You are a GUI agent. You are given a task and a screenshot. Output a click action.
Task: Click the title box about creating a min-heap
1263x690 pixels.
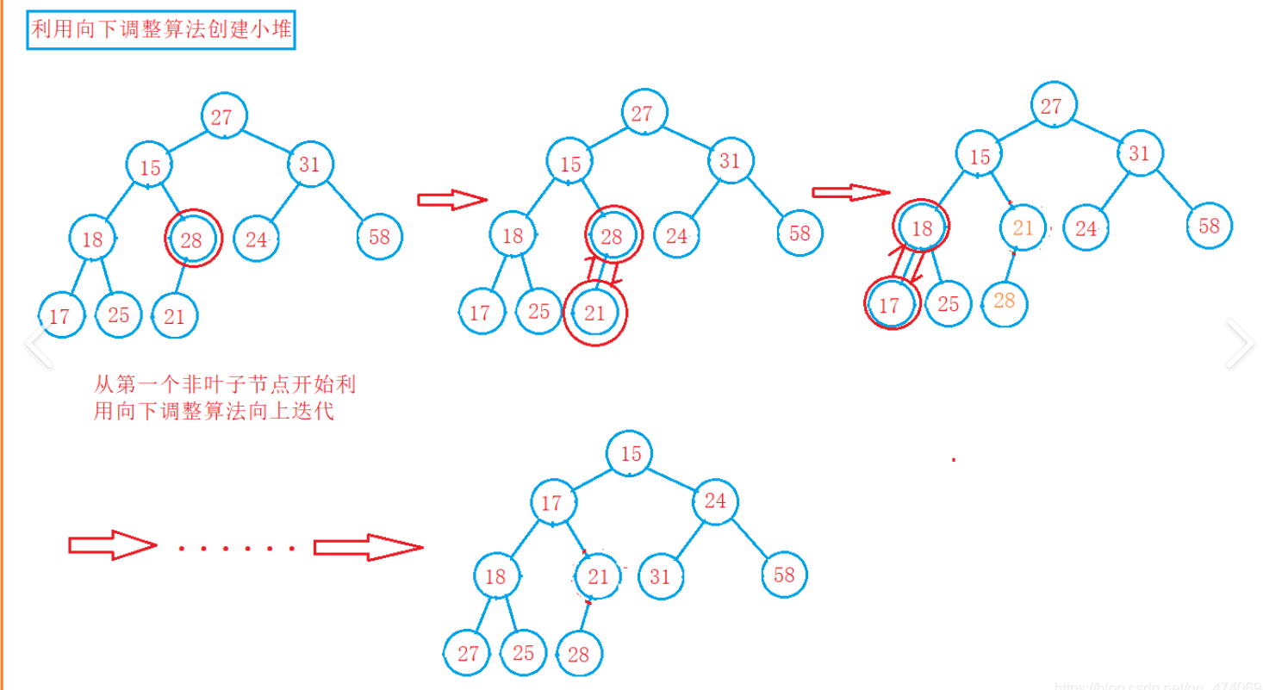tap(161, 32)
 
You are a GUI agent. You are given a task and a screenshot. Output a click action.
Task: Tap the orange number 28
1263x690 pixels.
tap(1004, 301)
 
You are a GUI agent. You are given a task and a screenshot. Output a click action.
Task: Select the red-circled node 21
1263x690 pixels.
tap(594, 314)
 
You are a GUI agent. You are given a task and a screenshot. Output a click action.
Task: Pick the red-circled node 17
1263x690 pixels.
tap(891, 303)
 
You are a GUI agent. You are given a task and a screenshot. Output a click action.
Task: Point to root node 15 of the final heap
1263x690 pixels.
tap(631, 454)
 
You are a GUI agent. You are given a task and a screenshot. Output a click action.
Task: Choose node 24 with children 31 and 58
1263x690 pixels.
tap(715, 500)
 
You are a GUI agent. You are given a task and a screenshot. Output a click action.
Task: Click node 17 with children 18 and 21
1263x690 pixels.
tap(551, 502)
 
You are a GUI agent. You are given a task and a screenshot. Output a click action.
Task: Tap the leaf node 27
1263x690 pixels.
tap(468, 653)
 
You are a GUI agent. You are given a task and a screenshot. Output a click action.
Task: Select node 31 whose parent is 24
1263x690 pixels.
tap(660, 575)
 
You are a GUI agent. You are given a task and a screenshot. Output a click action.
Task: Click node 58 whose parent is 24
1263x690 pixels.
tap(784, 575)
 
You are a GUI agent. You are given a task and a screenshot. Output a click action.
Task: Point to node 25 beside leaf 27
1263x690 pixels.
tap(523, 653)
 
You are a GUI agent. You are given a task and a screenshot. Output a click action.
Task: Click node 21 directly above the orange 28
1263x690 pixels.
tap(1023, 228)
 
